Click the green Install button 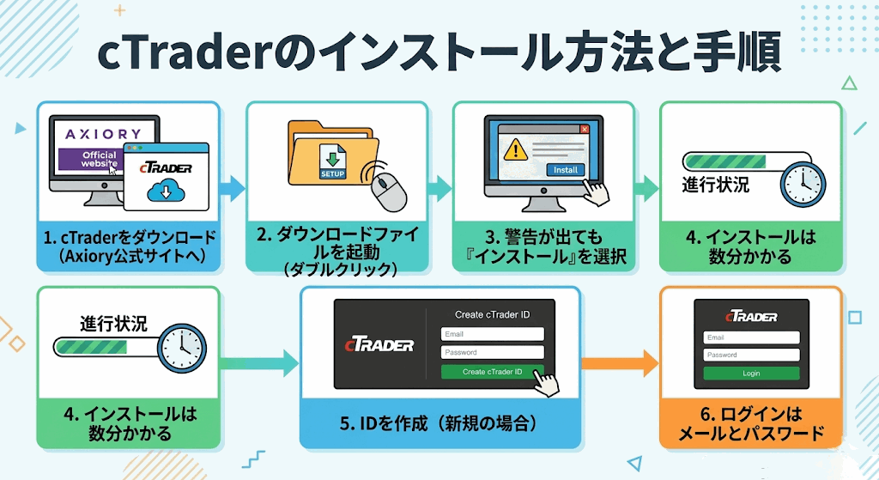565,170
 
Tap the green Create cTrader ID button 492,372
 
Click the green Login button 751,374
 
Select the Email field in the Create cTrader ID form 492,334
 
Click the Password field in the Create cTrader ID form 492,352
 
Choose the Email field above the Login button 751,337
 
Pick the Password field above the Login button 751,355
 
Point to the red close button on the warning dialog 585,130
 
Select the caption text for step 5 439,423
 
